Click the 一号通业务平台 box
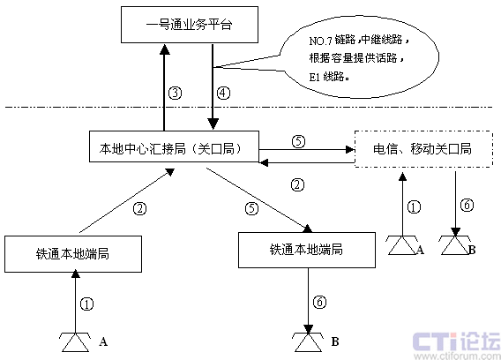coord(190,25)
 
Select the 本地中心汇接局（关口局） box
coord(174,146)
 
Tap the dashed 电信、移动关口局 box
coord(423,148)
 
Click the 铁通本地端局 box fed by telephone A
coord(73,254)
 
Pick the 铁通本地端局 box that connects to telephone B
coord(307,250)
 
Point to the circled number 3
coord(176,93)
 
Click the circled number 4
coord(223,93)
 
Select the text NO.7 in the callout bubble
coord(321,41)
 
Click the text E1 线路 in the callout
coord(326,77)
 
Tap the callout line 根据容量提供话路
coord(353,58)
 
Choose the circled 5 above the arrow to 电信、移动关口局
coord(298,141)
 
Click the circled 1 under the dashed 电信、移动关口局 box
coord(414,207)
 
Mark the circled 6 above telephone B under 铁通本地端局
coord(319,302)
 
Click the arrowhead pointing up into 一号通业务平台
coord(165,49)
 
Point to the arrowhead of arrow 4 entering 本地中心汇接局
coord(213,124)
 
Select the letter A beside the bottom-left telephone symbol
coord(103,341)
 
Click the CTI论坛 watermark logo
coord(457,341)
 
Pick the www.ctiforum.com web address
coord(457,356)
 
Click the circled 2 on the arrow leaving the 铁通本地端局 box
coord(139,209)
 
